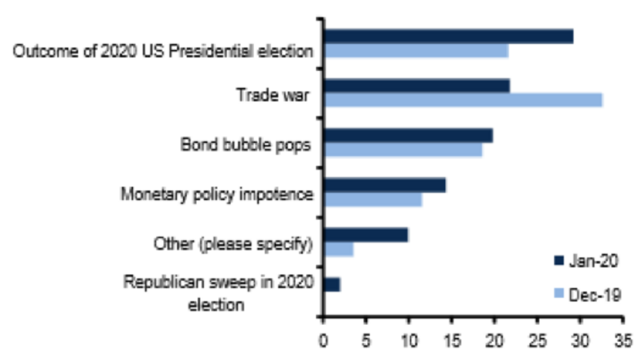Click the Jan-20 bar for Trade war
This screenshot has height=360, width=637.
416,85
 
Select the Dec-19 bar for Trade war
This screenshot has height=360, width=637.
463,100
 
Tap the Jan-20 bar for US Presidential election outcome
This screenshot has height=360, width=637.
448,36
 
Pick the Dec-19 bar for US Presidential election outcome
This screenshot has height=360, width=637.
416,51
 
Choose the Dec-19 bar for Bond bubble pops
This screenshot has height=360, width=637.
403,150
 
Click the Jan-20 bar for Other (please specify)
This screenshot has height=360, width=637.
366,235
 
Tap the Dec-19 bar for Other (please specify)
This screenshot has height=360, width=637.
339,249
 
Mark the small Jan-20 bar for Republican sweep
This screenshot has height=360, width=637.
332,284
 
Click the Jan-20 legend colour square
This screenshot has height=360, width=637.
559,260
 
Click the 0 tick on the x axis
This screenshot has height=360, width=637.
324,338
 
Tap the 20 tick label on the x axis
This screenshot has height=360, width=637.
495,338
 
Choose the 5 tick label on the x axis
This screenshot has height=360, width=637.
367,338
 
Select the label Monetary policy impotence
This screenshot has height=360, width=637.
217,195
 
